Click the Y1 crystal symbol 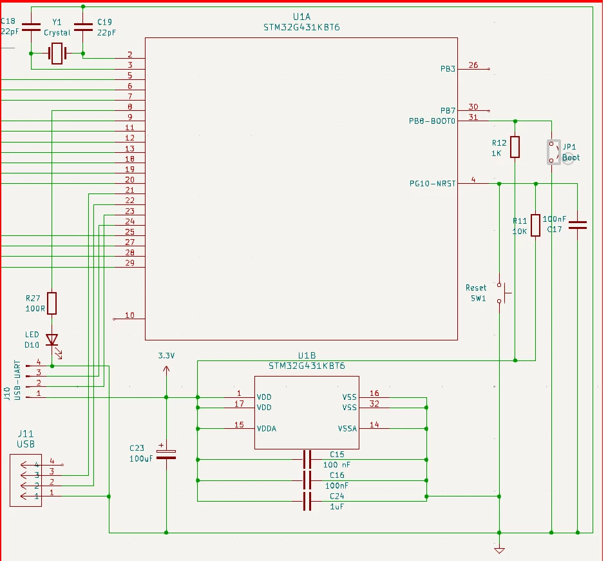[x=57, y=53]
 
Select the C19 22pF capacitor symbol [x=83, y=27]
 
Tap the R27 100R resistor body [x=52, y=303]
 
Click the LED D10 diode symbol [x=52, y=340]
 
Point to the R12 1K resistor [x=515, y=147]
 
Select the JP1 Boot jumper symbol [x=554, y=152]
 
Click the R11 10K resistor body [x=535, y=225]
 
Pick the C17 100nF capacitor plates [x=577, y=225]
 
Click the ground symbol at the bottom [x=499, y=550]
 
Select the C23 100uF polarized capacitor [x=166, y=454]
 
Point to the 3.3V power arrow [x=166, y=370]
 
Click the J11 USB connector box [x=26, y=480]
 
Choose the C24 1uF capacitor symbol [x=307, y=501]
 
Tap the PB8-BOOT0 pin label [x=432, y=121]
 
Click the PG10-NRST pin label [x=432, y=184]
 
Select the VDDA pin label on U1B [x=267, y=429]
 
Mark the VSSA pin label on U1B [x=347, y=429]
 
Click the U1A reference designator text [x=301, y=17]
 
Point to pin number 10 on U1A [x=129, y=315]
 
